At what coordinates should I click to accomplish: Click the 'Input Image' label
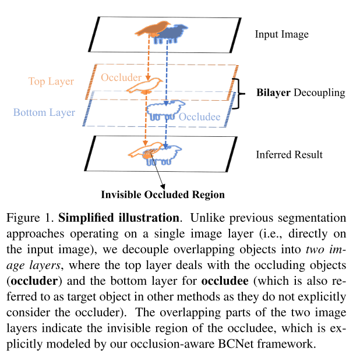pyautogui.click(x=281, y=35)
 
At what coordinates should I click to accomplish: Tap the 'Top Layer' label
pyautogui.click(x=51, y=82)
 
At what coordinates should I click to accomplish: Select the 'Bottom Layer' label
pyautogui.click(x=44, y=112)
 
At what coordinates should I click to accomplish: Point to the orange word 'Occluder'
pyautogui.click(x=121, y=77)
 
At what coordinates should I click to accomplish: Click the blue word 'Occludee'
pyautogui.click(x=199, y=116)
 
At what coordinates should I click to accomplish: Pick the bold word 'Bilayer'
pyautogui.click(x=273, y=93)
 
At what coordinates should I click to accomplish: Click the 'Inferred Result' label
pyautogui.click(x=290, y=154)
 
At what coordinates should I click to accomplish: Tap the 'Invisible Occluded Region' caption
pyautogui.click(x=163, y=194)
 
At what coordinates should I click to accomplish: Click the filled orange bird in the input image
pyautogui.click(x=153, y=29)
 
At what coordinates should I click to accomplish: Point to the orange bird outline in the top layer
pyautogui.click(x=144, y=86)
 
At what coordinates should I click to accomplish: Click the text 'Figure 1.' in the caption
pyautogui.click(x=30, y=218)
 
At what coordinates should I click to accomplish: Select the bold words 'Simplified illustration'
pyautogui.click(x=119, y=218)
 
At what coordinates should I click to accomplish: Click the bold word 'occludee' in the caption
pyautogui.click(x=225, y=281)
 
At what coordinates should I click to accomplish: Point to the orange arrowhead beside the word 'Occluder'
pyautogui.click(x=148, y=77)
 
